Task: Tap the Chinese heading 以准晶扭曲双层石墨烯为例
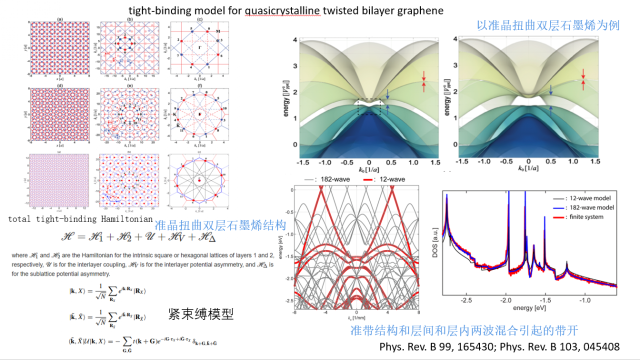[x=548, y=25]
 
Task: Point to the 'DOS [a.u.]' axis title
[x=436, y=242]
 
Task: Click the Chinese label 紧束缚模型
[x=201, y=314]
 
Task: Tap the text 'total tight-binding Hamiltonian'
[x=80, y=219]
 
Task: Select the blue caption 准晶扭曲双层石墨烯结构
[x=220, y=225]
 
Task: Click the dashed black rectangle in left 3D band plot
[x=368, y=106]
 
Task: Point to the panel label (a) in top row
[x=60, y=19]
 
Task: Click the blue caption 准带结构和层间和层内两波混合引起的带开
[x=464, y=330]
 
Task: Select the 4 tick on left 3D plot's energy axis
[x=295, y=39]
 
